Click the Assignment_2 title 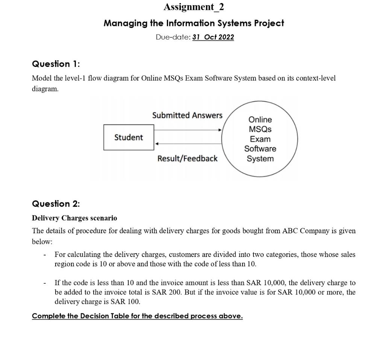[194, 7]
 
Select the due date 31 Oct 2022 [213, 37]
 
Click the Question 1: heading [56, 64]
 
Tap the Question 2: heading [56, 204]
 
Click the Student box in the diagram [129, 137]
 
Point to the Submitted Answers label [187, 115]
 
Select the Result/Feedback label [187, 159]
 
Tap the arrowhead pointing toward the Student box [157, 144]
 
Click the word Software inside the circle [260, 149]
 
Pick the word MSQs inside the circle [260, 129]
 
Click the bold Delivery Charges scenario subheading [74, 218]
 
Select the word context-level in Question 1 [316, 78]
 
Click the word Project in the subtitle [269, 23]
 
